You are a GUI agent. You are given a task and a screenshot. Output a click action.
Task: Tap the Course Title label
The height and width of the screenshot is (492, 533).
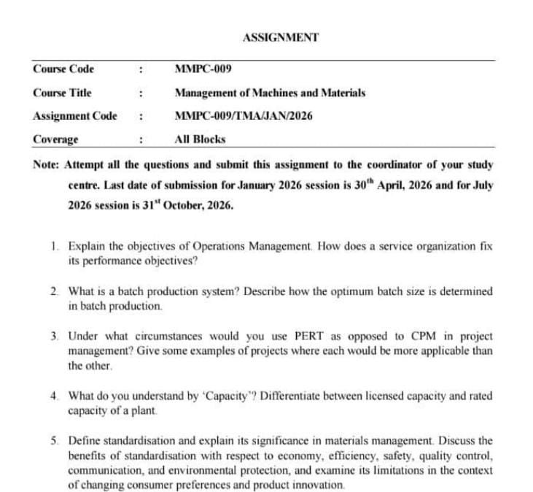(62, 93)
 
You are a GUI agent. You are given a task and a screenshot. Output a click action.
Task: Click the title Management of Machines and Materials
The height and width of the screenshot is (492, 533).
(270, 93)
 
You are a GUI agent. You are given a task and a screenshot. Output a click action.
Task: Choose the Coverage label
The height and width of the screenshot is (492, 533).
(56, 139)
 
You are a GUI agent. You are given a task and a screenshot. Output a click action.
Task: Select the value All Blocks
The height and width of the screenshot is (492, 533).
(201, 139)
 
